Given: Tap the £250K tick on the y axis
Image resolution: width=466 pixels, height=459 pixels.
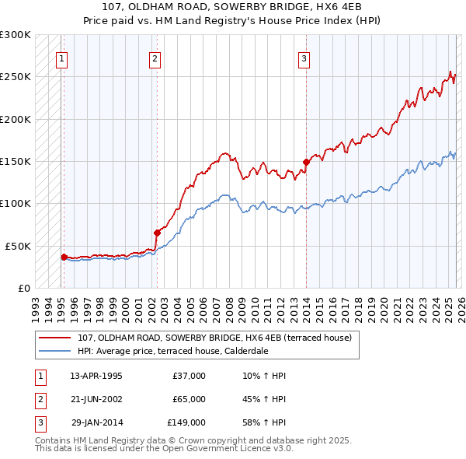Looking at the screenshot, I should (x=16, y=77).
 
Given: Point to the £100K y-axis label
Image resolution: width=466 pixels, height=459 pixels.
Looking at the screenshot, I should (x=16, y=203).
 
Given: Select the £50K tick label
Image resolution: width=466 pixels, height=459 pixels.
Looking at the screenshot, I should (x=19, y=246).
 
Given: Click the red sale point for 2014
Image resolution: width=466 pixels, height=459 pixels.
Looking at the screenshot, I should (x=306, y=163).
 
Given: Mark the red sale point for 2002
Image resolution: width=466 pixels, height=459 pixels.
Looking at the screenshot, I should (x=157, y=233).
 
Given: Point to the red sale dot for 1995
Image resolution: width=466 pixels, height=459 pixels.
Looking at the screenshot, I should (x=64, y=256).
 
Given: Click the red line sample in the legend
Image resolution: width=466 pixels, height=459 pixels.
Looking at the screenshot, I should (x=56, y=338).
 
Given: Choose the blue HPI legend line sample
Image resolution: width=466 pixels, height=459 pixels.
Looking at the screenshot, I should (x=56, y=350).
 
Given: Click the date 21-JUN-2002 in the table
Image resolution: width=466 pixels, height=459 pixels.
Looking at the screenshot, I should (x=96, y=399).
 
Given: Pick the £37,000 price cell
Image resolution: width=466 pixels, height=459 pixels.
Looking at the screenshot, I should (x=189, y=376).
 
